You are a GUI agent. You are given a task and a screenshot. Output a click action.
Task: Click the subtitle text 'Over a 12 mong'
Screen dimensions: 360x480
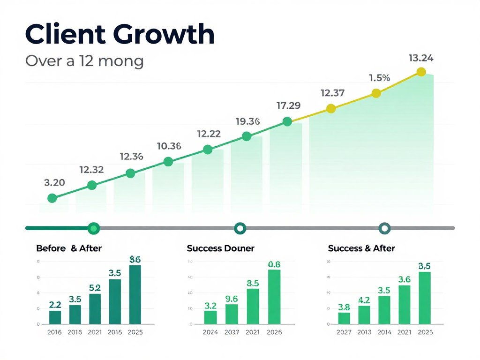coord(84,61)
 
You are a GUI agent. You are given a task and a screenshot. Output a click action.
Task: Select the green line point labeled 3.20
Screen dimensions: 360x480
coord(52,198)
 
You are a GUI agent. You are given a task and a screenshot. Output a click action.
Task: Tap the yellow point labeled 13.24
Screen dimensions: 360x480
coord(421,72)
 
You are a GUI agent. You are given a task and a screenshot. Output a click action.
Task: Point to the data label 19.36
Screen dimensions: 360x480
coord(247,121)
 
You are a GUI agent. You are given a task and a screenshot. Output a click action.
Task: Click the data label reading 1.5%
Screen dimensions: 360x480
coord(379,78)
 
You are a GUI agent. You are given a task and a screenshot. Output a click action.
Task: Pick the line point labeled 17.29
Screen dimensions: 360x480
coord(287,122)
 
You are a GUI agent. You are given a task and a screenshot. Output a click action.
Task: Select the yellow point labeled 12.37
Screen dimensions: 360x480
coord(331,109)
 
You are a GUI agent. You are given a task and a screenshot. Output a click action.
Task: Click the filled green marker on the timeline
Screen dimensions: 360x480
coord(94,228)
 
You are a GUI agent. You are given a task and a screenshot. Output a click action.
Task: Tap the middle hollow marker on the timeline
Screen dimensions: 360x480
coord(240,228)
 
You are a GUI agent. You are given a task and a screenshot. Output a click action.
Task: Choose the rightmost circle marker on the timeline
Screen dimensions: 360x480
coord(384,228)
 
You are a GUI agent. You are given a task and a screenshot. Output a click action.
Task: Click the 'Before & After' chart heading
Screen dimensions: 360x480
coord(69,248)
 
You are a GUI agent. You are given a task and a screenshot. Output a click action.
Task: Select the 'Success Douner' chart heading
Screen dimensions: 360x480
coord(220,248)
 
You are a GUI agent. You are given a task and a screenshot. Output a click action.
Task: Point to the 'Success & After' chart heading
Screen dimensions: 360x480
coord(361,248)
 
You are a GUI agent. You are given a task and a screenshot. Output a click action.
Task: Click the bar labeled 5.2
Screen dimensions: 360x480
coord(95,309)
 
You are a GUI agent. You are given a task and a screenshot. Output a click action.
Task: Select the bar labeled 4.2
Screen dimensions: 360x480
coord(364,315)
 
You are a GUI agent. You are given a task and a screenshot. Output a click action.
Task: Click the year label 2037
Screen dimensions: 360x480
coord(232,332)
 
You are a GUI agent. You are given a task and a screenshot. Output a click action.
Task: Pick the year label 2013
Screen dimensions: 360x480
coord(364,332)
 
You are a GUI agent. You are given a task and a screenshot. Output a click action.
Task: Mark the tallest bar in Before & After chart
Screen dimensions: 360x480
coord(135,295)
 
